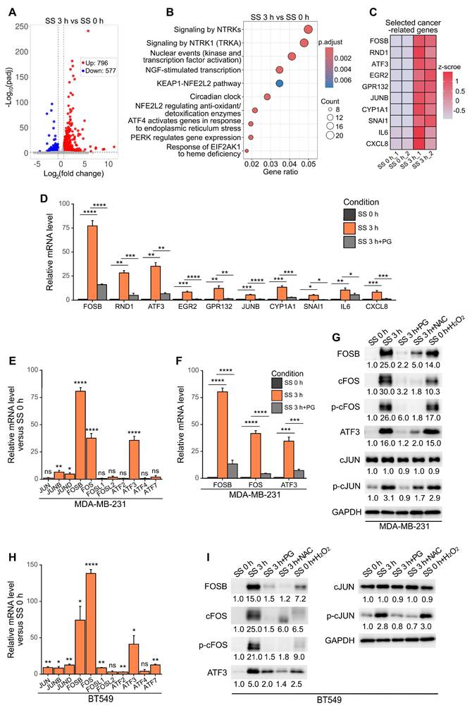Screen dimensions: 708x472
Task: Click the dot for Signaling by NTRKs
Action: point(308,30)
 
